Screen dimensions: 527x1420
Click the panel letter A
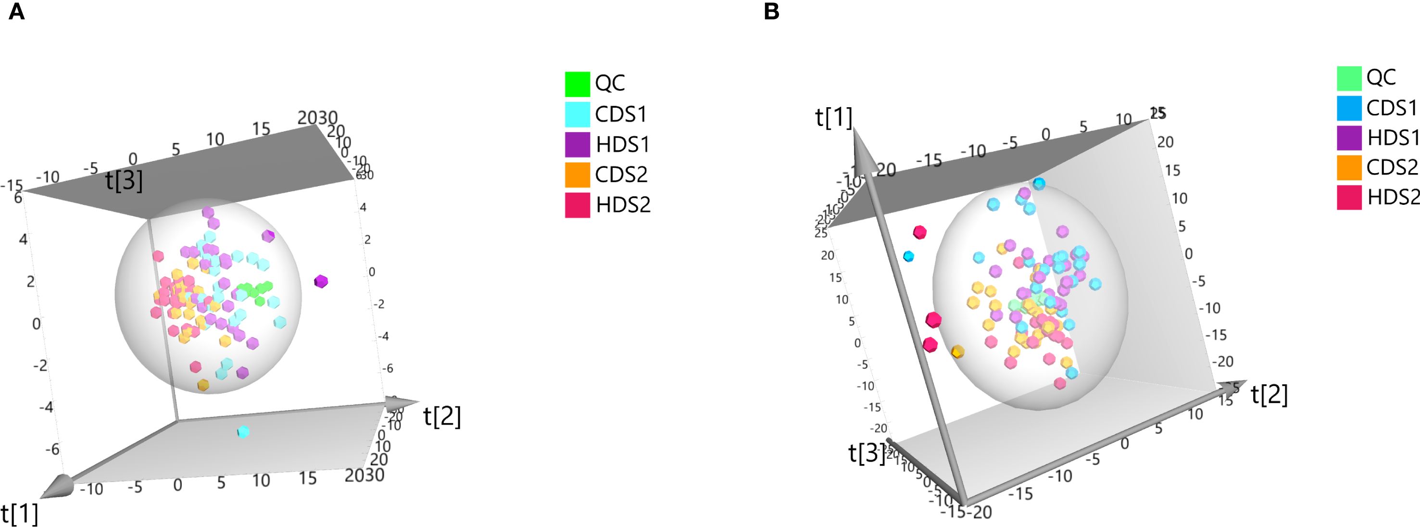tap(16, 12)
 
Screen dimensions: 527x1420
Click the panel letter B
tap(771, 12)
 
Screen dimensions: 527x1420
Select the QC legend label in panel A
tap(610, 83)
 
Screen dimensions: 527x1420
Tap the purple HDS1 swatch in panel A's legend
tap(577, 144)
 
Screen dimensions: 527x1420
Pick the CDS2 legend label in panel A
tap(621, 175)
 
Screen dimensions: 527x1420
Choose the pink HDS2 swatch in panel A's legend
tap(577, 205)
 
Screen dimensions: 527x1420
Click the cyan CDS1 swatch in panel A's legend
tap(577, 114)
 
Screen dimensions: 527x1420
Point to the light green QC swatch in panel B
tap(1349, 78)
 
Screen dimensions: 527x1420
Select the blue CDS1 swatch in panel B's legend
tap(1349, 108)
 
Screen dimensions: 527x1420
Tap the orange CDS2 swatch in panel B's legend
tap(1349, 168)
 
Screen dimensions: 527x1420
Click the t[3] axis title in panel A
tap(124, 180)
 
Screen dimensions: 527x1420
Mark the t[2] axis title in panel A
tap(442, 416)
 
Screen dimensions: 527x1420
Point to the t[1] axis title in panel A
tap(20, 513)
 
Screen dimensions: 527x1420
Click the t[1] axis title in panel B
tap(833, 117)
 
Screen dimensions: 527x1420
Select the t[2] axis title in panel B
tap(1269, 395)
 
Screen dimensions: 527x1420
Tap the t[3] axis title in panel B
tap(867, 453)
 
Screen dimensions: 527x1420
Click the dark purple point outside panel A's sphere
tap(321, 282)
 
